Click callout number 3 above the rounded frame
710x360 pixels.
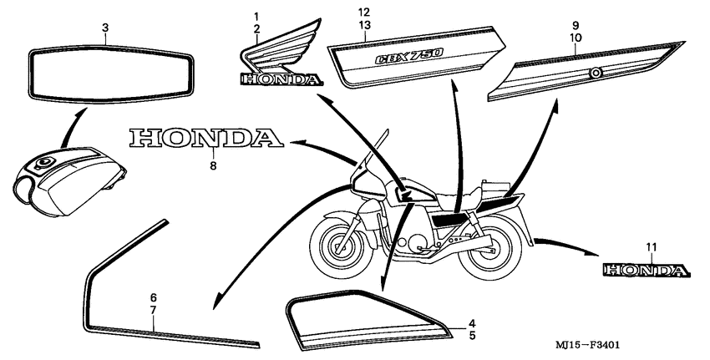(104, 28)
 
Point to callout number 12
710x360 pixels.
(363, 13)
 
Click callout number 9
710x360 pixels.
(576, 25)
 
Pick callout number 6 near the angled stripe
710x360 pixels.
(153, 298)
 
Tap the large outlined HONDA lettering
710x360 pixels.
(203, 138)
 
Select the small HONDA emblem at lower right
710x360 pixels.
(647, 270)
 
